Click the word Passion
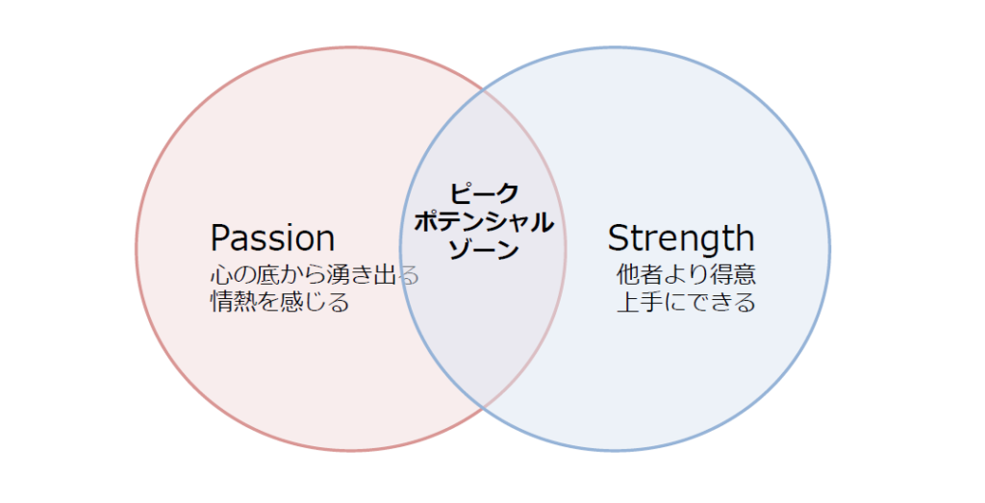pos(272,238)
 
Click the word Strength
pos(681,238)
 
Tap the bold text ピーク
pos(485,192)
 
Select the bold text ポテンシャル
pos(484,221)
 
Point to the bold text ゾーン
pos(484,249)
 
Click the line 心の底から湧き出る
pos(315,275)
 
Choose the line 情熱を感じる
pos(280,302)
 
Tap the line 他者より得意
pos(686,275)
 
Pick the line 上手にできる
pos(686,302)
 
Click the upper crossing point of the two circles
pos(483,91)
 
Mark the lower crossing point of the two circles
pos(483,407)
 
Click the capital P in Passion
pos(220,239)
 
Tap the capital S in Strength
pos(619,239)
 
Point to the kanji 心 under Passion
pos(221,275)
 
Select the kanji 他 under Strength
pos(627,275)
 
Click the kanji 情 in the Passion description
pos(221,302)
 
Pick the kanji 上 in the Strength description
pos(627,302)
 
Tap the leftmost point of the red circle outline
pos(137,248)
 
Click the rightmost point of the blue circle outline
pos(829,248)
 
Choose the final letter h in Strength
pos(746,238)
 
